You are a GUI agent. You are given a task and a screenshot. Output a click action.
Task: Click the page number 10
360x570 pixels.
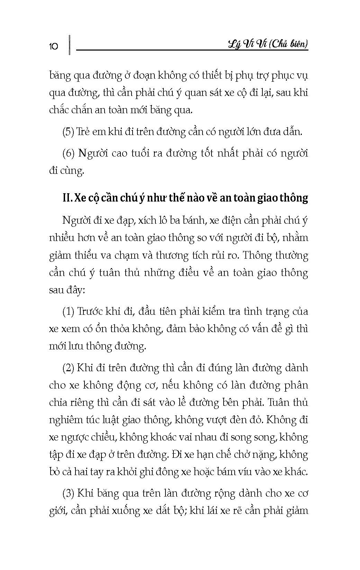(54, 46)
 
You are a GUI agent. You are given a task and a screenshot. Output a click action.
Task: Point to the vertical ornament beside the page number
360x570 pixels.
(70, 44)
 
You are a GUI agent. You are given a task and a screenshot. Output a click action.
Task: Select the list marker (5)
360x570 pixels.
(69, 132)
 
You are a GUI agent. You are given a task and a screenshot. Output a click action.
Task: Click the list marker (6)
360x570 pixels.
(69, 153)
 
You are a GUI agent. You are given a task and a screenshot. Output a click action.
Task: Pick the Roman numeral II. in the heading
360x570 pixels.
(67, 198)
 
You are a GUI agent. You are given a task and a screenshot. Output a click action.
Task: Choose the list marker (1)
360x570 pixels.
(69, 312)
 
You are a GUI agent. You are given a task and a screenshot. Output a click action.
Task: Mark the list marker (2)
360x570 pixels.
(69, 368)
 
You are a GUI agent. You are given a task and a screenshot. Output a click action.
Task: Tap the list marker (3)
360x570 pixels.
(69, 493)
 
